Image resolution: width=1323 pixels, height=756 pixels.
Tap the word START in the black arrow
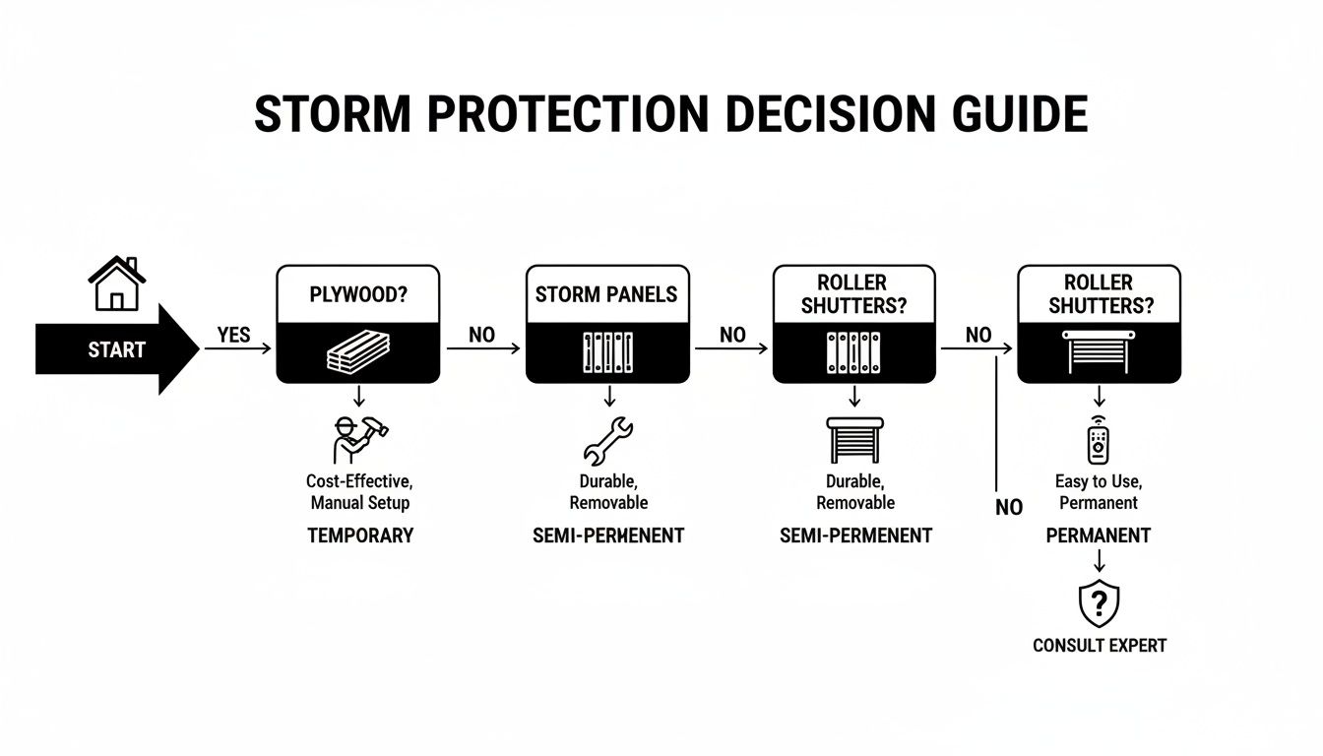pos(116,349)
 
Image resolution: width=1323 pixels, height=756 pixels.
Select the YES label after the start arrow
pos(233,335)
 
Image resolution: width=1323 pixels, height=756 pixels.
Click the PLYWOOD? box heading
pos(358,294)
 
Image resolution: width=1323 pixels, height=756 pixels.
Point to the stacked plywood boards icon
pos(358,351)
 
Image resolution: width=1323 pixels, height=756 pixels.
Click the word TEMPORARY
pos(360,535)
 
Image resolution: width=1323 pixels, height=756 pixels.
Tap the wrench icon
pos(608,440)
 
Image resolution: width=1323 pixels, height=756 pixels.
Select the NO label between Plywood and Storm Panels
pos(481,335)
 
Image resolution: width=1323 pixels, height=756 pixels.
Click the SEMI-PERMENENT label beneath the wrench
pos(608,535)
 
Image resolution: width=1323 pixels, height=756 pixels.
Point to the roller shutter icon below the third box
pos(854,439)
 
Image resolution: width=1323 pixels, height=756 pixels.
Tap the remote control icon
pos(1098,440)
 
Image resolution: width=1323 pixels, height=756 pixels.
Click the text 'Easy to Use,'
pos(1098,482)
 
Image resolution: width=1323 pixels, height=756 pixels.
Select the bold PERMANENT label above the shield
pos(1098,535)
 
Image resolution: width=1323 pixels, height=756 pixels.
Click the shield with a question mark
pos(1100,603)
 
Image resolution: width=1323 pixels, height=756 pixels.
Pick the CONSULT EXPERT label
pos(1100,646)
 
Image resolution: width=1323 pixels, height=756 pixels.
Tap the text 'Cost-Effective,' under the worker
pos(360,482)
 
